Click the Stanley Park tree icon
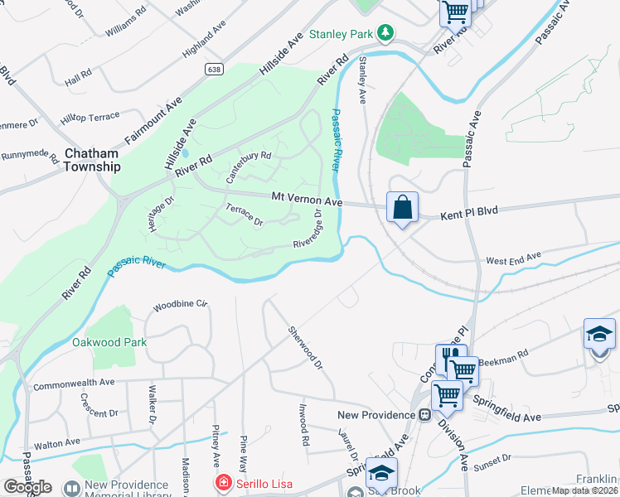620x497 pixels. point(385,33)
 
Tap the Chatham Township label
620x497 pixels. point(91,160)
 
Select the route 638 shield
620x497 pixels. point(216,70)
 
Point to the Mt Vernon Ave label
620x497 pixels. point(308,200)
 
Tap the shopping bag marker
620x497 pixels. point(402,207)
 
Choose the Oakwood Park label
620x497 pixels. point(109,342)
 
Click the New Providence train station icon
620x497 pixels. point(424,414)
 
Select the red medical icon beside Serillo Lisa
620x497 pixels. point(222,482)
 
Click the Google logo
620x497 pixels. point(27,487)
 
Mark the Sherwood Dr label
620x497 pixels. point(303,348)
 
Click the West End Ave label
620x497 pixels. point(513,260)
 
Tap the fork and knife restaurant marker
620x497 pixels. point(450,356)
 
